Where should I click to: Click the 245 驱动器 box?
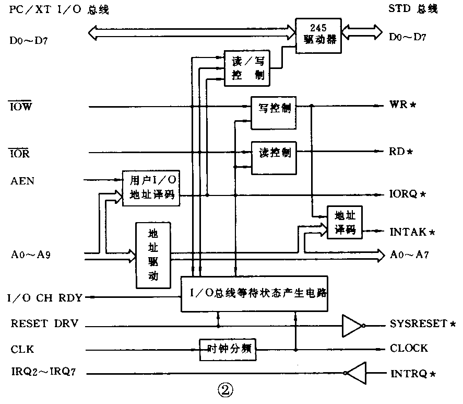pyautogui.click(x=318, y=36)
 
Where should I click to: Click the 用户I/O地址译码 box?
pyautogui.click(x=151, y=189)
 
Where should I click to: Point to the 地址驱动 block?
pyautogui.click(x=153, y=255)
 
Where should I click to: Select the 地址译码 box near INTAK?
pyautogui.click(x=344, y=222)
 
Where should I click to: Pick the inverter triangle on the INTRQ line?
pyautogui.click(x=357, y=373)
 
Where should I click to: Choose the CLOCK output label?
pyautogui.click(x=409, y=349)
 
